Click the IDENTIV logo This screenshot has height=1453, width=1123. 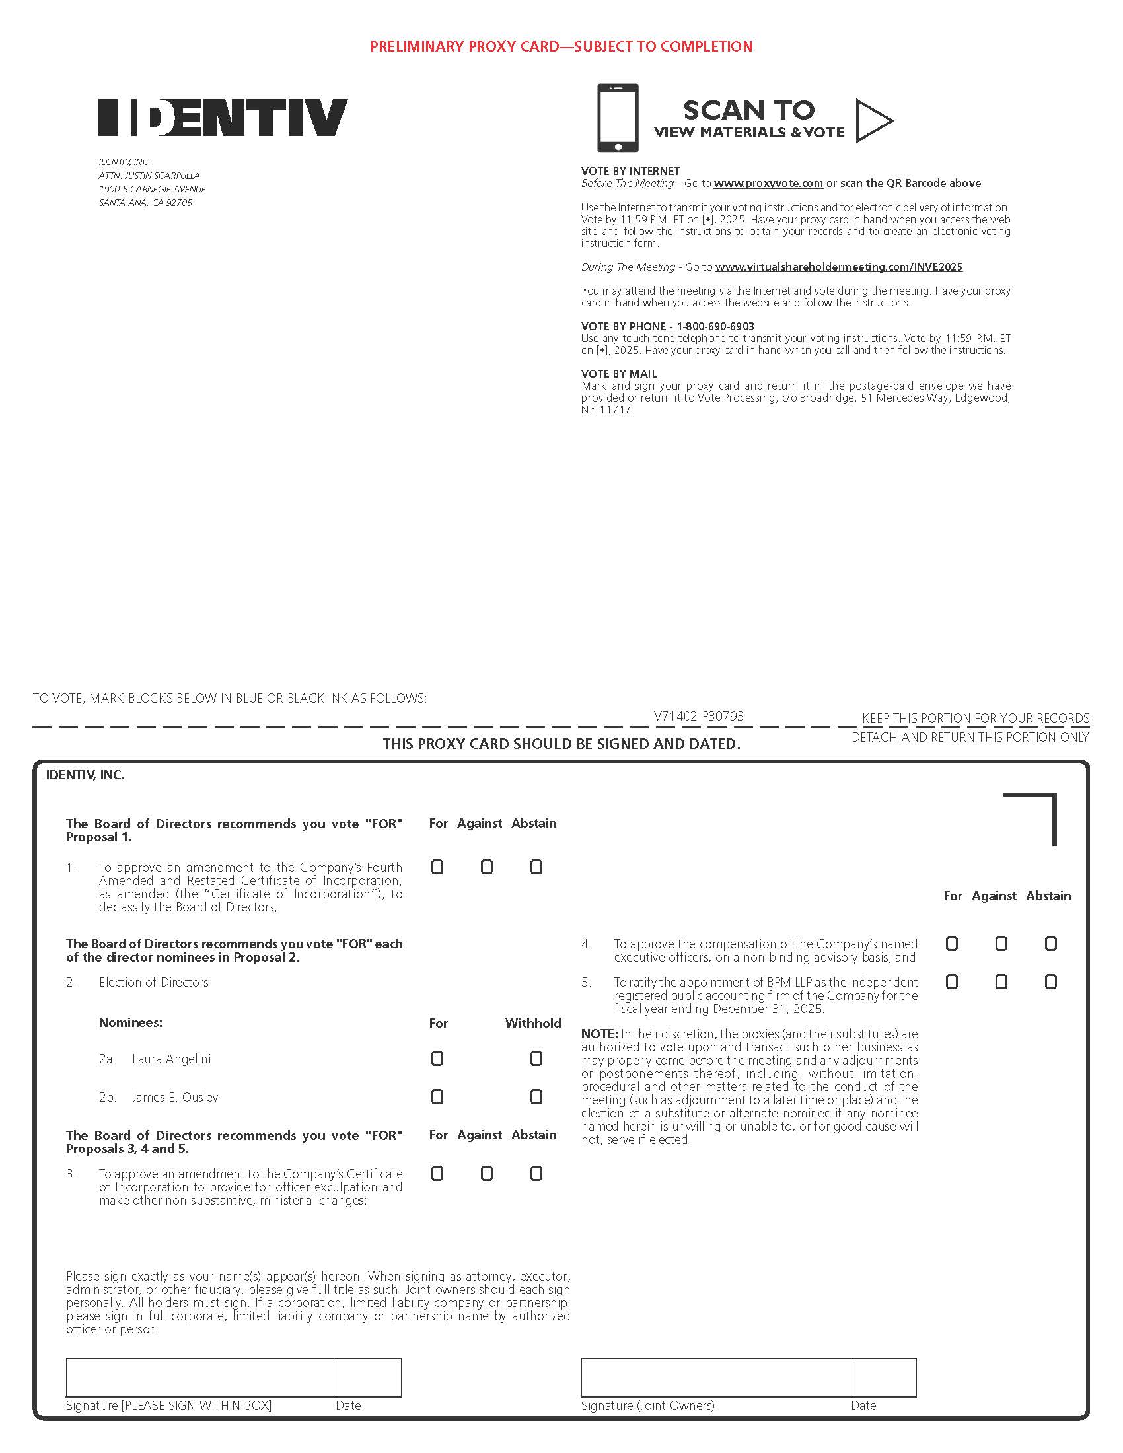tap(223, 118)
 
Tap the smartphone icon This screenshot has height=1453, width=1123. tap(618, 118)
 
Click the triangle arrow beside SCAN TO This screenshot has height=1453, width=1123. tap(872, 120)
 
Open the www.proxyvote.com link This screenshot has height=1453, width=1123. tap(768, 184)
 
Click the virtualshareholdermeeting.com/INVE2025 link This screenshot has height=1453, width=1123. tap(838, 267)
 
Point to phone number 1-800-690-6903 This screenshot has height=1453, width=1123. tap(715, 327)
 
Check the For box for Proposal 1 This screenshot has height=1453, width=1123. tap(437, 867)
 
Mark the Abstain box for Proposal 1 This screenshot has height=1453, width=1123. tap(536, 867)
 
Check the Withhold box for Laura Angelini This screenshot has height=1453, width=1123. tap(536, 1059)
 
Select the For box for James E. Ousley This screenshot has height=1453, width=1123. tap(437, 1096)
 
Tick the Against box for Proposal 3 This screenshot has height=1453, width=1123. tap(487, 1174)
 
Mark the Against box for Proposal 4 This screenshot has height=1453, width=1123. tap(1001, 944)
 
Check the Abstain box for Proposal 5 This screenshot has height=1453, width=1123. tap(1050, 982)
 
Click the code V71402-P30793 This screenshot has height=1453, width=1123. tap(698, 717)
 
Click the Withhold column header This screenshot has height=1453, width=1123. tap(533, 1023)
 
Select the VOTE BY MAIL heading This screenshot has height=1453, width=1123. tap(619, 374)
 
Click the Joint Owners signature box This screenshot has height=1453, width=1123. tap(715, 1377)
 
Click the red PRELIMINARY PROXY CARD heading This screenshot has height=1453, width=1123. tap(561, 47)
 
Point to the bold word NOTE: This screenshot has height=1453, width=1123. tap(599, 1034)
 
